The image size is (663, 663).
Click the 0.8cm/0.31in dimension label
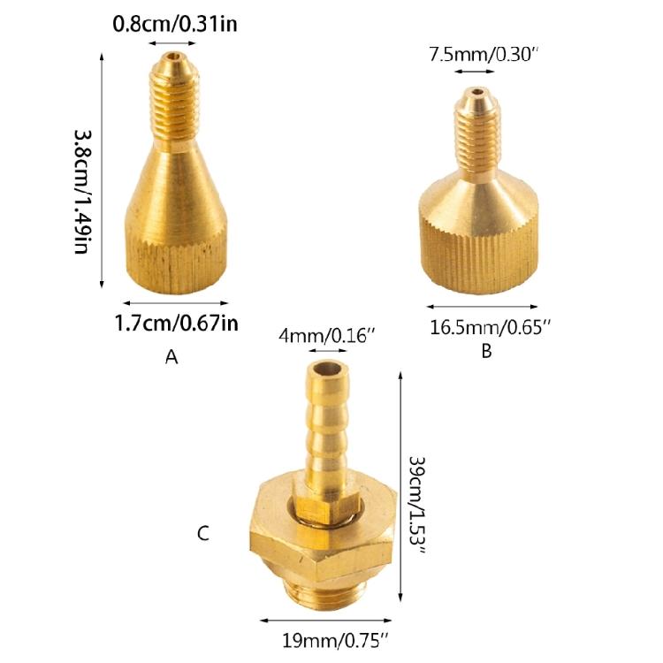pos(175,24)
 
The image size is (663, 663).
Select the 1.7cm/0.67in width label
pos(176,324)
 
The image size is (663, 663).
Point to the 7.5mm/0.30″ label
pos(484,55)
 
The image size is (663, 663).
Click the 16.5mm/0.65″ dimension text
pos(491,328)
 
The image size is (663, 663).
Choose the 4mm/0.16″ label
pos(327,336)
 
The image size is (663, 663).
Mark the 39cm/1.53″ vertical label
pos(417,506)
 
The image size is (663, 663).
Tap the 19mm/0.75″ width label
pos(335,641)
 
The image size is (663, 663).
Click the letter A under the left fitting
pos(171,358)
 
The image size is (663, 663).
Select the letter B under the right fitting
pos(487,351)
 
